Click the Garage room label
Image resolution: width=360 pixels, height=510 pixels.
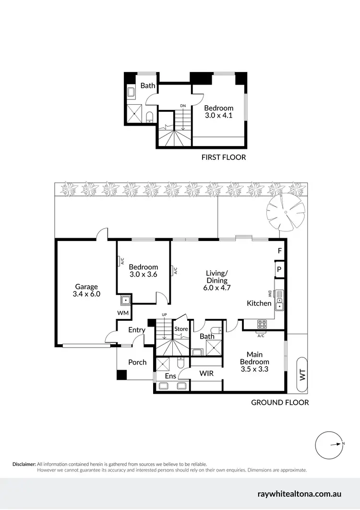[86, 287]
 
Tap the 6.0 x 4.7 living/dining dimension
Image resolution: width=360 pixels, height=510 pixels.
[216, 288]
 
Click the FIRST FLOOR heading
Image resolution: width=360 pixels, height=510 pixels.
[223, 157]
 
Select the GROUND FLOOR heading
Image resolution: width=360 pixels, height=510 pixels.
[280, 402]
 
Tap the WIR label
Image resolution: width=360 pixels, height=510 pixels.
[206, 373]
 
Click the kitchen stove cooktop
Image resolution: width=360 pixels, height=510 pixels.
[263, 324]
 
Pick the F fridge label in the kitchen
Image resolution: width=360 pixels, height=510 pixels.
[280, 251]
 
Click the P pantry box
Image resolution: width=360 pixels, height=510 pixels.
[279, 269]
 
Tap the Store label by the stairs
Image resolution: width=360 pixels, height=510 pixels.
[181, 329]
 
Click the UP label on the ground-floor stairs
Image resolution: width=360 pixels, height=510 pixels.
[164, 315]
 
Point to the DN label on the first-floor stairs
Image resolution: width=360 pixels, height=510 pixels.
[183, 106]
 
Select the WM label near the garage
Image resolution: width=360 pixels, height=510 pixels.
[123, 313]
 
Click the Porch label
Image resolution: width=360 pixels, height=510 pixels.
[137, 362]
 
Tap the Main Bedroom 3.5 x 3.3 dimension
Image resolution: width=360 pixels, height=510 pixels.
[254, 369]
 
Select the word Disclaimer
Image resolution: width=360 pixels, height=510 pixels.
[24, 464]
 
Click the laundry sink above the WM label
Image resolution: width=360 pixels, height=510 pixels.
[126, 301]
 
